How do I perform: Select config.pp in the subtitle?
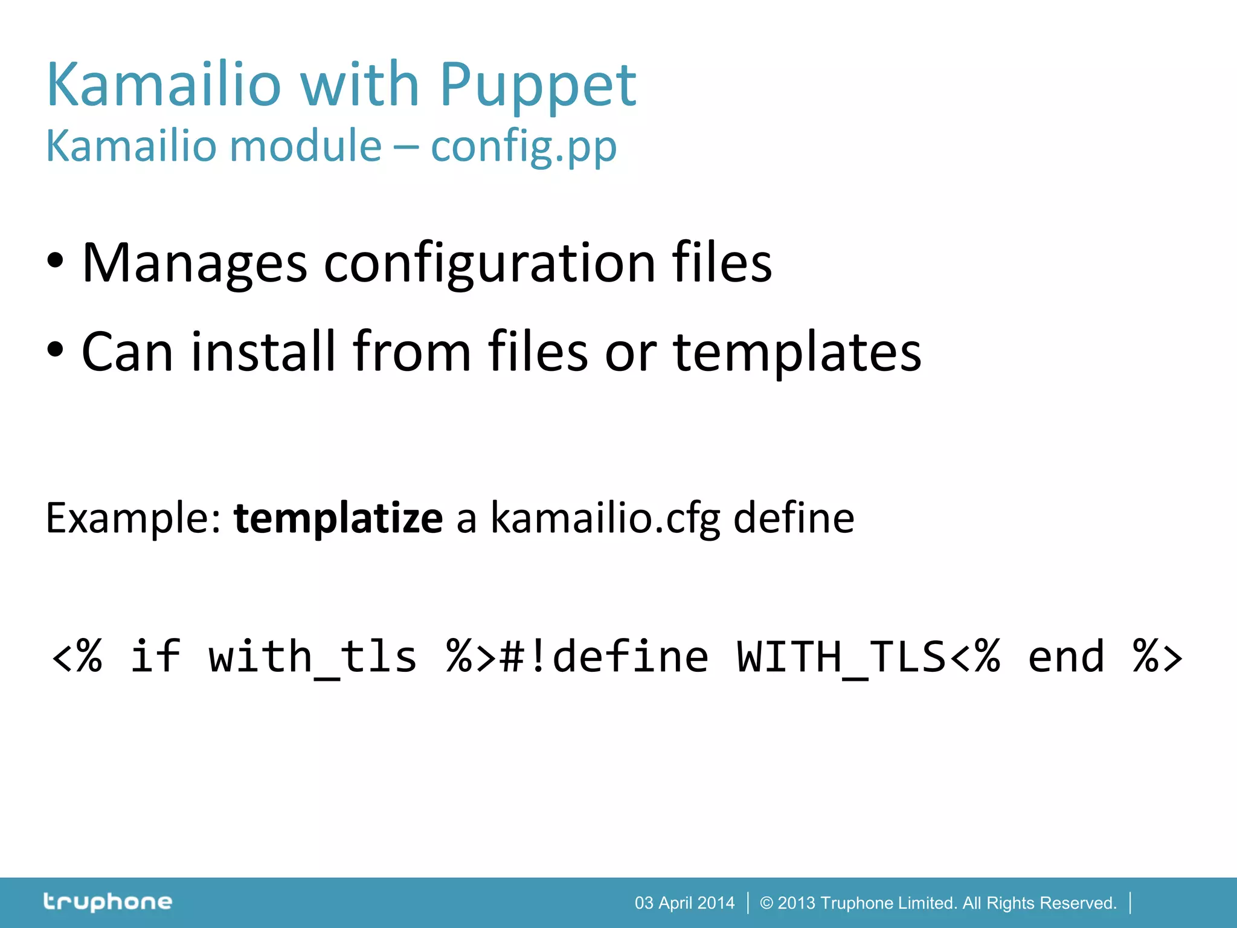coord(523,147)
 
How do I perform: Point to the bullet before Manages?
coord(55,262)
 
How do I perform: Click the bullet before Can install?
coord(55,350)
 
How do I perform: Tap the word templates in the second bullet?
coord(797,352)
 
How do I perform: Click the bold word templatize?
coord(338,518)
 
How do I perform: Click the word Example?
coord(134,518)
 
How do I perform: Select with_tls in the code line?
coord(312,657)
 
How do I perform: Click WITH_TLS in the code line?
coord(841,657)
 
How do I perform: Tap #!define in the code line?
coord(604,657)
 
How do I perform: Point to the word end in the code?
coord(1066,657)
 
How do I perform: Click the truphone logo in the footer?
coord(108,902)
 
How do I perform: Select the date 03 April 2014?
coord(684,903)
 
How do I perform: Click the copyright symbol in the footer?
coord(766,903)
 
